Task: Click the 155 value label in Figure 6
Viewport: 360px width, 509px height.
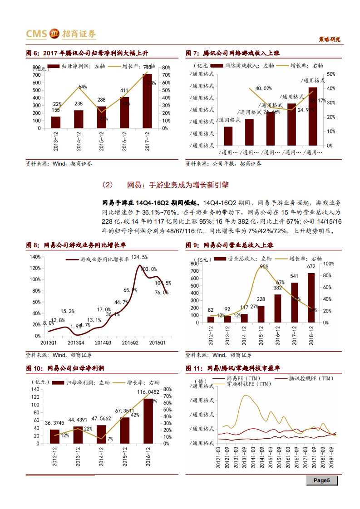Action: point(55,110)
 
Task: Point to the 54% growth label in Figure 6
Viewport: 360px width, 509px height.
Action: point(82,87)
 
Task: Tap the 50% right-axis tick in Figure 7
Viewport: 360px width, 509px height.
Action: point(330,74)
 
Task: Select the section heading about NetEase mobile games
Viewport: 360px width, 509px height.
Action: point(166,185)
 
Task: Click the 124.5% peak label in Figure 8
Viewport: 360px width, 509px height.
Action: point(139,257)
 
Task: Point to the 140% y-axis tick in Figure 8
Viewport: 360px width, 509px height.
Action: point(35,256)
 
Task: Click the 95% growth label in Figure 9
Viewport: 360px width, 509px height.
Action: point(264,267)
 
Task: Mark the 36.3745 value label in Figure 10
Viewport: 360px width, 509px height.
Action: point(54,423)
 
